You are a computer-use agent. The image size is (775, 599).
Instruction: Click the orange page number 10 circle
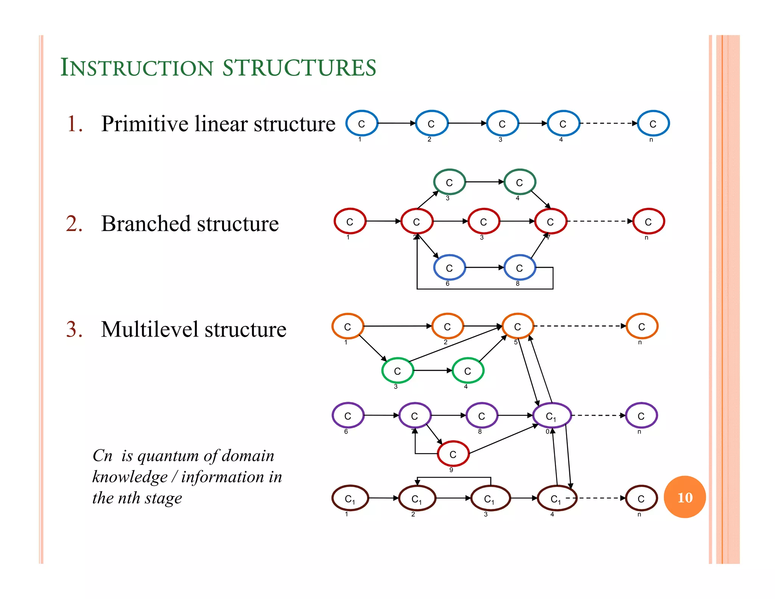tap(685, 497)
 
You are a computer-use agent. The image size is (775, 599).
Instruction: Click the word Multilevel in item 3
tap(149, 329)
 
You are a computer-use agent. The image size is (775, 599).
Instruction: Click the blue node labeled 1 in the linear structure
tap(362, 123)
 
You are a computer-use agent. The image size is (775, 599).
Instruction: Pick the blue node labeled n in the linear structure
tap(653, 123)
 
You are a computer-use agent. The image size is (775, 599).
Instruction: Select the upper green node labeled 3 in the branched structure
tap(449, 182)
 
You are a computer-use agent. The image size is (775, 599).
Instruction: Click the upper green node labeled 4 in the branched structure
tap(520, 182)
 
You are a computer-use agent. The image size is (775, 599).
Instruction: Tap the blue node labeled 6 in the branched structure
tap(449, 268)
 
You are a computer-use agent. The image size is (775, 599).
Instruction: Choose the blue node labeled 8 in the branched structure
tap(520, 268)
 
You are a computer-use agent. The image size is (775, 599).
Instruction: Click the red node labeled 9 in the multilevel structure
tap(453, 454)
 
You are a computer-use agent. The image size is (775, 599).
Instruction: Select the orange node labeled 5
tap(518, 326)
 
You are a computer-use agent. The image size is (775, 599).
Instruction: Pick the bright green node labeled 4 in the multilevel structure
tap(468, 371)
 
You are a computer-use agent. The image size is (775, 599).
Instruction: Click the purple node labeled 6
tap(348, 415)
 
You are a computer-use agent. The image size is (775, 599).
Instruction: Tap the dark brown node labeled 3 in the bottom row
tap(490, 498)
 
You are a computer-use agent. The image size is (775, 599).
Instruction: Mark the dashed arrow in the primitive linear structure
tap(608, 123)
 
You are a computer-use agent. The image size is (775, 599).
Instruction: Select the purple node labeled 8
tap(482, 416)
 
